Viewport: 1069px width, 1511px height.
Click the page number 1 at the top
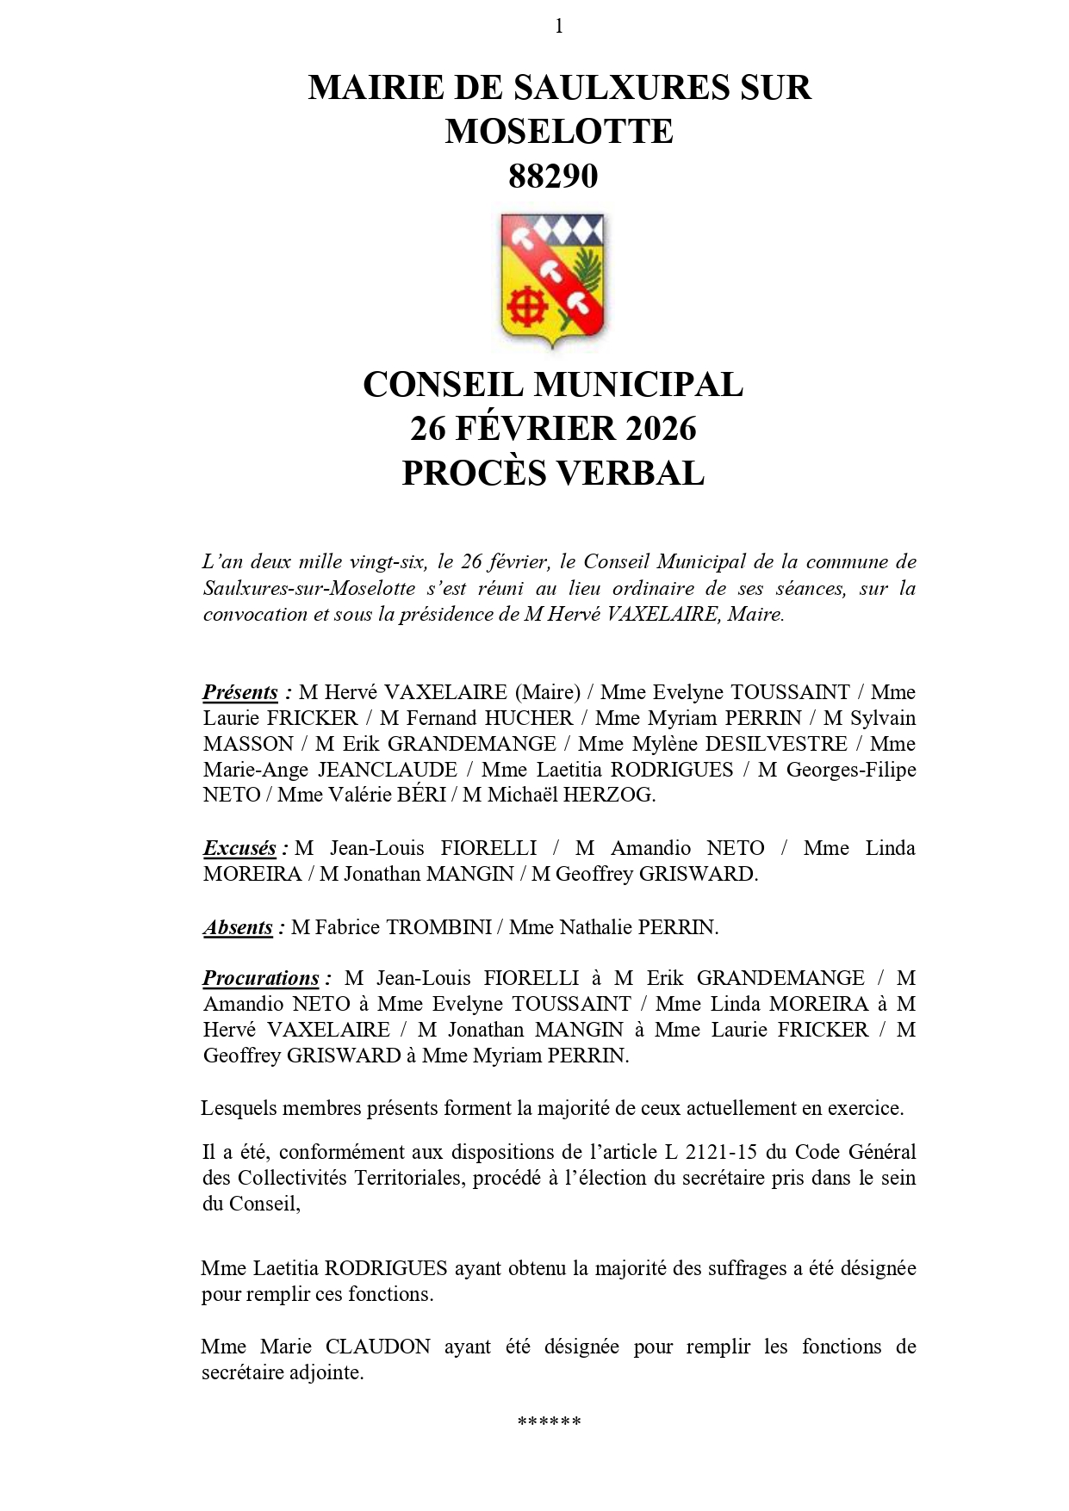559,27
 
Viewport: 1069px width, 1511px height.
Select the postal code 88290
552,176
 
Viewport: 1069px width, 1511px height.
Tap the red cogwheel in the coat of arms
527,305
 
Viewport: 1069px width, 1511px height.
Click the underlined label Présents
240,692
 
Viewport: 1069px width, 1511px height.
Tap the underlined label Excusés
239,848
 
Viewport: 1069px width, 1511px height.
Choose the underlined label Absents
239,927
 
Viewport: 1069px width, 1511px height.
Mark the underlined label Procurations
261,978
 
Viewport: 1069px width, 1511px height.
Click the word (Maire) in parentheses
547,692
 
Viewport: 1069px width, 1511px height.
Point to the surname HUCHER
528,718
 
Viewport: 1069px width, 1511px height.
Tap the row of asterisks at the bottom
550,1421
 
